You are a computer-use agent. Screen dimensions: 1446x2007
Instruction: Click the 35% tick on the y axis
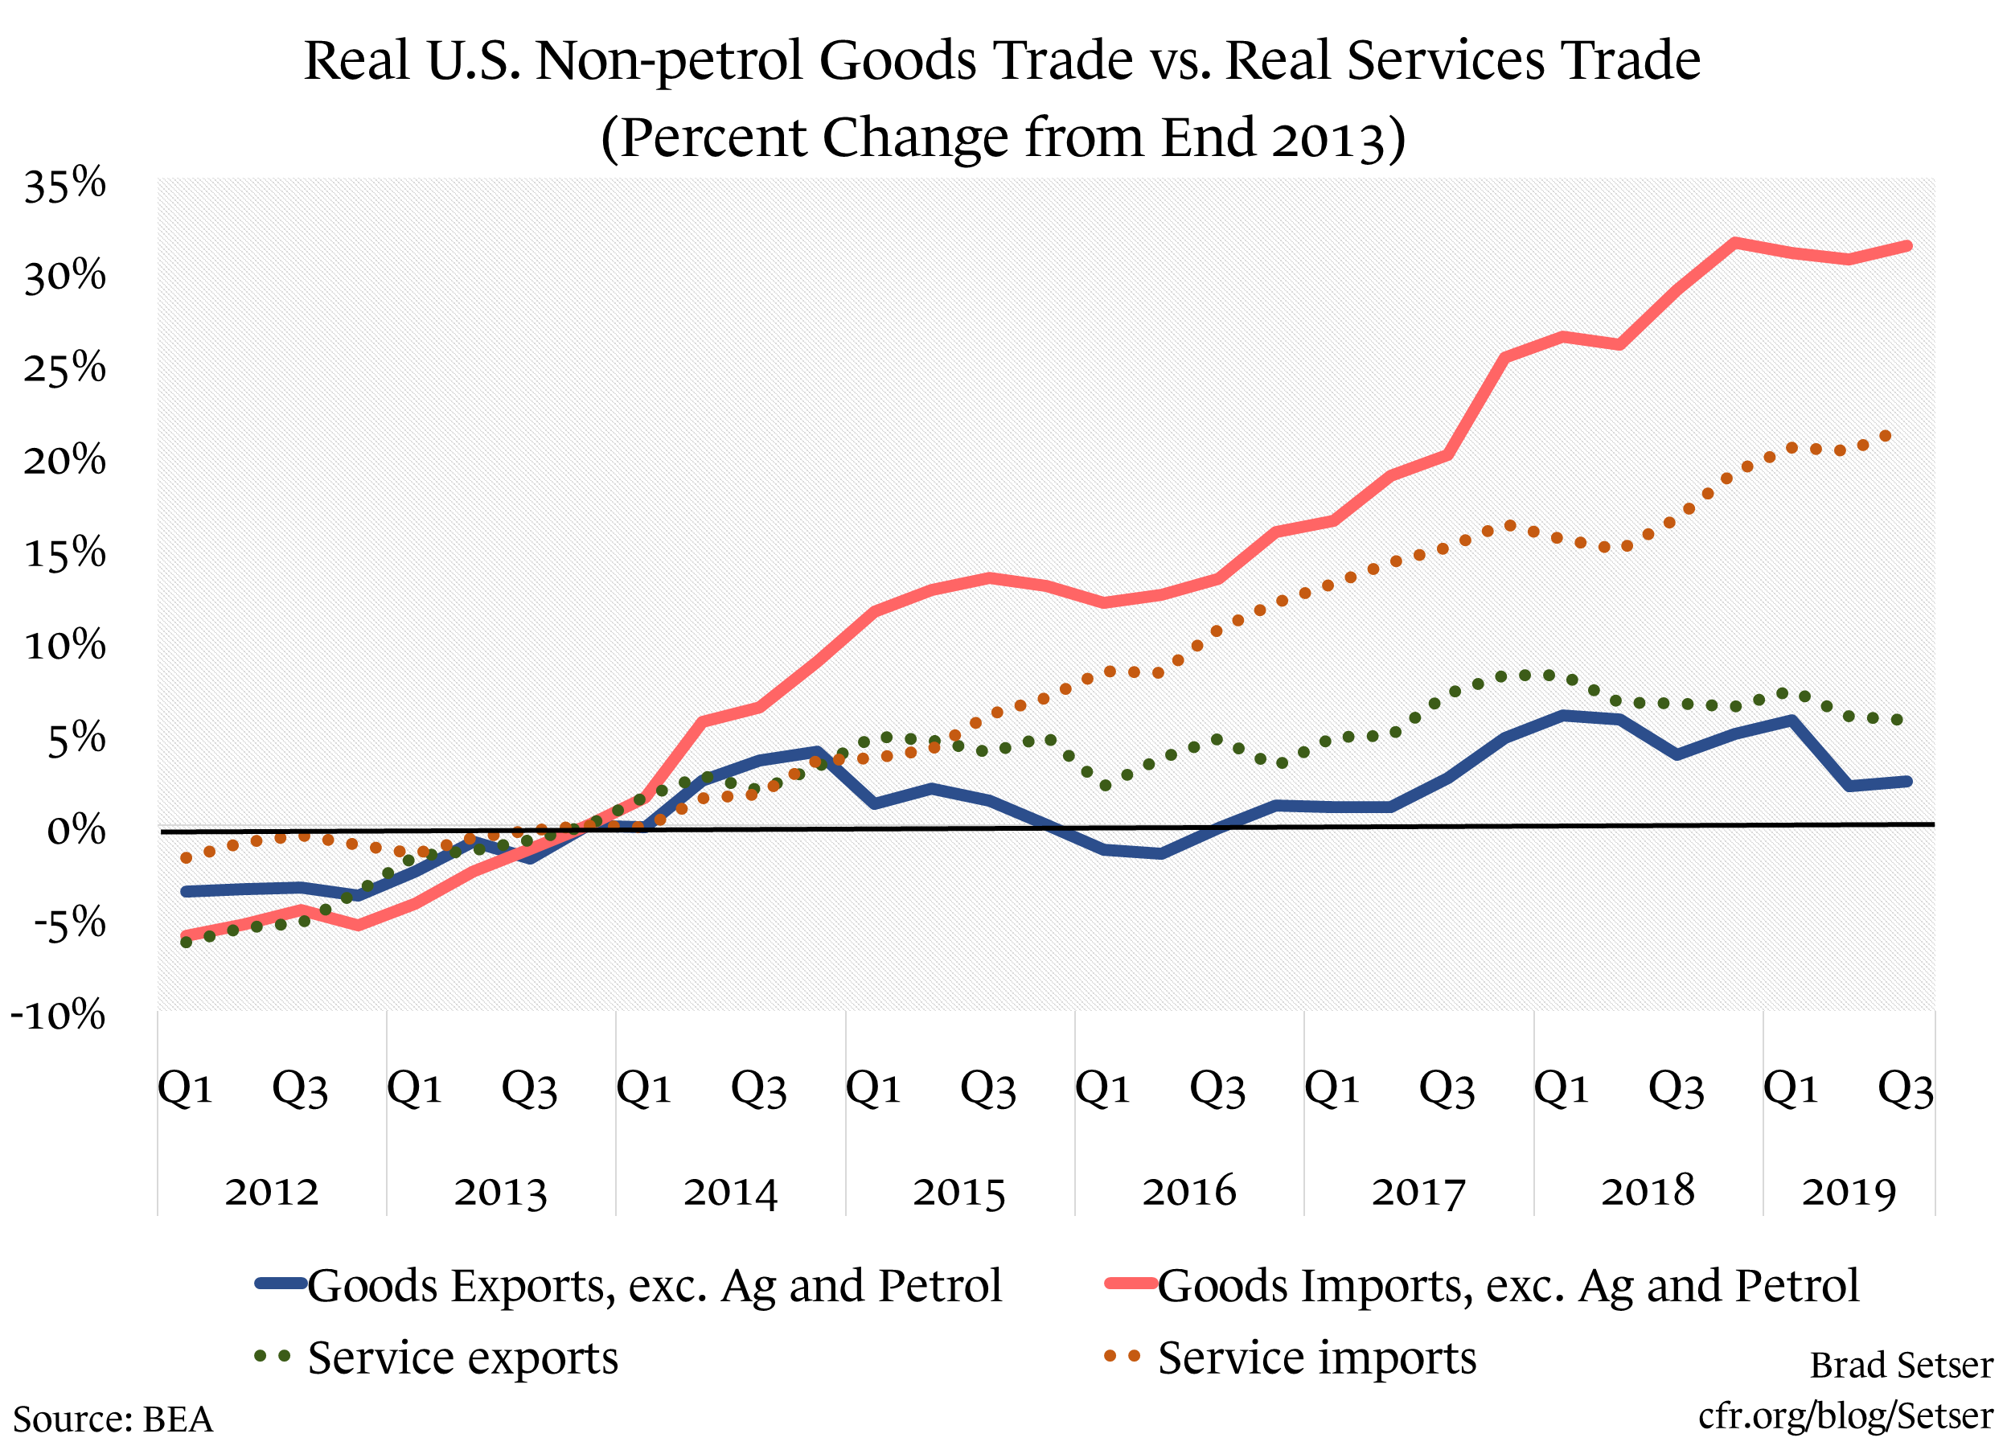(x=64, y=185)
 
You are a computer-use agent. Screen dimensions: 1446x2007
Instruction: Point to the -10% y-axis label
(x=59, y=1015)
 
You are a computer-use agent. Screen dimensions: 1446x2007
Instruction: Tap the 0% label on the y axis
(x=76, y=831)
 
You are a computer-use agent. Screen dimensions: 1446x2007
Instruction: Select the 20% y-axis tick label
(x=64, y=461)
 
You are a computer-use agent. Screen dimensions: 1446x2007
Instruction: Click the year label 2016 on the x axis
(x=1188, y=1192)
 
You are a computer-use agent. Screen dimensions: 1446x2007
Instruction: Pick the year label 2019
(x=1849, y=1192)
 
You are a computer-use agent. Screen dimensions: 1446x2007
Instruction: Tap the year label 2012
(x=271, y=1192)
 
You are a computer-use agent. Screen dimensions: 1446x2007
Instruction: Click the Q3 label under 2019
(x=1905, y=1088)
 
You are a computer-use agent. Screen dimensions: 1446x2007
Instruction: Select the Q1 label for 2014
(x=643, y=1088)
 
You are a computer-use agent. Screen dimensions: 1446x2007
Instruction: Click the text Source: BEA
(x=113, y=1419)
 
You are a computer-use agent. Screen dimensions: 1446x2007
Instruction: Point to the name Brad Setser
(x=1901, y=1365)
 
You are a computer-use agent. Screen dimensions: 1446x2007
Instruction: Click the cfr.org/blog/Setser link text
(x=1845, y=1415)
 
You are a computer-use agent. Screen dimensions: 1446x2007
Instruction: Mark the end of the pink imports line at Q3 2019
(x=1907, y=246)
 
